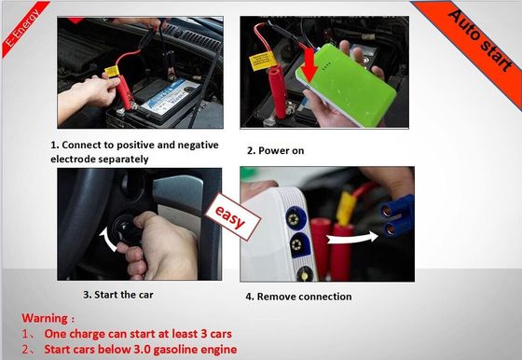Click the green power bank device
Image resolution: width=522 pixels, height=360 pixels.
click(346, 85)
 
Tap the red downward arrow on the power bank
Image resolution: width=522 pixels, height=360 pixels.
click(309, 65)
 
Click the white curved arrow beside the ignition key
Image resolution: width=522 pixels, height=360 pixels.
click(109, 239)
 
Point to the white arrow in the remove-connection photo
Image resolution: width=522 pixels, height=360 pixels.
click(352, 238)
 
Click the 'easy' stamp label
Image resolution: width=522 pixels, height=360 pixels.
click(232, 216)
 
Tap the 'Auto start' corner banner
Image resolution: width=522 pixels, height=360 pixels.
click(480, 40)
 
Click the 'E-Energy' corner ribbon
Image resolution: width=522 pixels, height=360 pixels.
click(22, 27)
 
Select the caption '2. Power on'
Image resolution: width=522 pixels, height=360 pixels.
click(275, 150)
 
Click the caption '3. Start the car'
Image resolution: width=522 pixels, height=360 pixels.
click(118, 295)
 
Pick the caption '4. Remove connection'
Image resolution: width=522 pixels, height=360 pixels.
click(298, 297)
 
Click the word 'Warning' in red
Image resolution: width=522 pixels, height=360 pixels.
click(45, 318)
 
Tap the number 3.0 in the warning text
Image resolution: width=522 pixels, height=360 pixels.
click(143, 350)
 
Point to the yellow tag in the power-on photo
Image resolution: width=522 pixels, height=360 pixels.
click(263, 61)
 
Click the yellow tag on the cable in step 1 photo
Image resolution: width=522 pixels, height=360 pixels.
click(112, 72)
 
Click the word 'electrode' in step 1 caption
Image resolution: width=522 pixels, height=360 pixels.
click(74, 159)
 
